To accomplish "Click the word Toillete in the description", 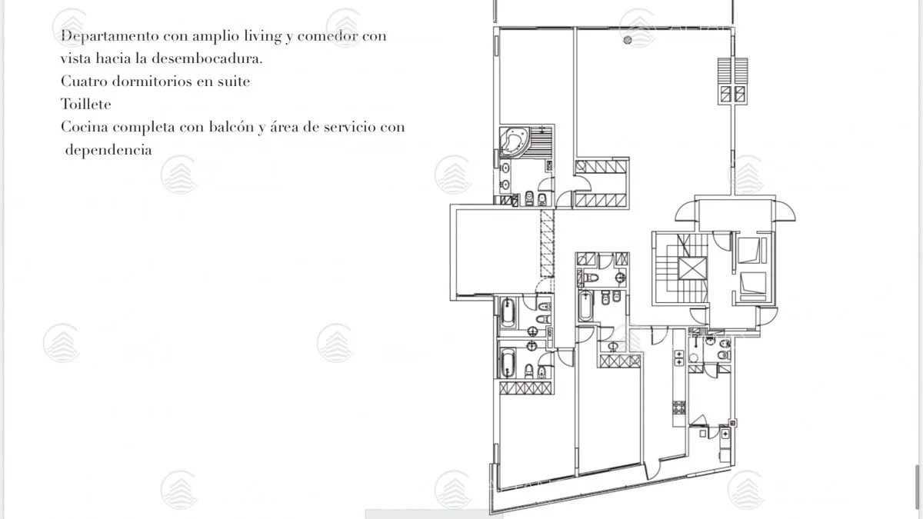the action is [x=85, y=105].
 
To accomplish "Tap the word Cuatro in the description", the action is [x=84, y=82].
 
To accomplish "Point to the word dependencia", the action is [x=108, y=149].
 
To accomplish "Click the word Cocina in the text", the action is [x=85, y=126].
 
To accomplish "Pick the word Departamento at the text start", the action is [x=109, y=36].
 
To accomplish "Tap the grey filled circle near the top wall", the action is [x=628, y=40].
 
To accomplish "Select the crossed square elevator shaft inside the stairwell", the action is [x=692, y=268].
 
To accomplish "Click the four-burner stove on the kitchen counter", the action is [x=679, y=408].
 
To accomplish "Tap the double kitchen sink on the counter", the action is [x=678, y=358].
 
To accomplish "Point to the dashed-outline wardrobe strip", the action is [x=547, y=243].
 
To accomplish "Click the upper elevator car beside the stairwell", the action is [x=748, y=250].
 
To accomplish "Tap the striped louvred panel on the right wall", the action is [x=732, y=71].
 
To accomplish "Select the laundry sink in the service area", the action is [x=725, y=434].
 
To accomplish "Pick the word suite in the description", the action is [x=234, y=82].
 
